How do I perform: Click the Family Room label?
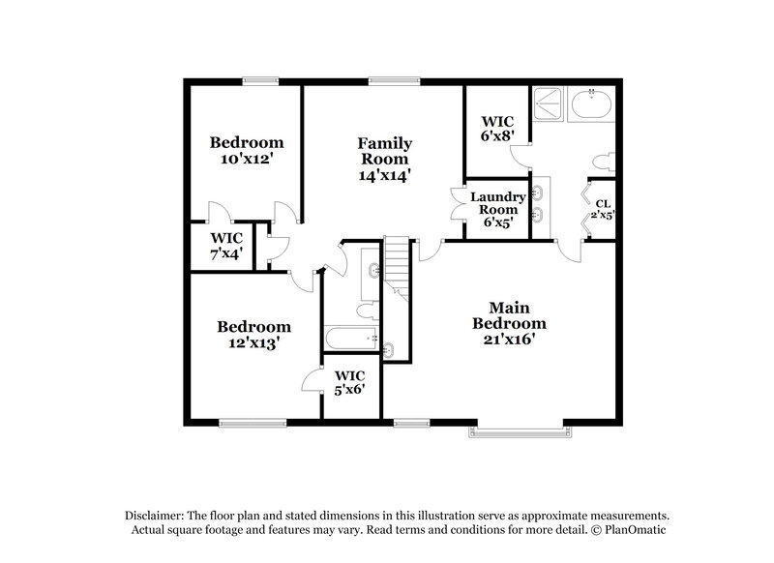point(384,159)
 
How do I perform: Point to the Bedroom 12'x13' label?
point(253,335)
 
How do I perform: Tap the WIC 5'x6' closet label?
point(349,383)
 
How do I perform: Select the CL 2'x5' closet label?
point(603,209)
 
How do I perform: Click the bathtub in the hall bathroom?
point(350,339)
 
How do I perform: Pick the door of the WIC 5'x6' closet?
point(313,380)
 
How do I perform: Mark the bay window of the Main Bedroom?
point(521,429)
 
